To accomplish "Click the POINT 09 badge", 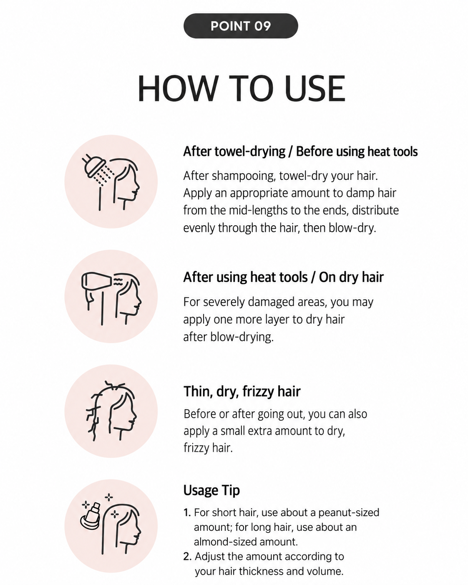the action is pyautogui.click(x=241, y=26).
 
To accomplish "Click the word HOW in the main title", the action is pyautogui.click(x=178, y=88).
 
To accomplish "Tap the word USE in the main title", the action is pyautogui.click(x=315, y=88).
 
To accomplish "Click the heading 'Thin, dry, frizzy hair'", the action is pyautogui.click(x=242, y=392).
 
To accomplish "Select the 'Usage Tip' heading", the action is pyautogui.click(x=211, y=490).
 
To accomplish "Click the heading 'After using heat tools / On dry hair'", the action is pyautogui.click(x=284, y=277).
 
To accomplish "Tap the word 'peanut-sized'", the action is pyautogui.click(x=349, y=513).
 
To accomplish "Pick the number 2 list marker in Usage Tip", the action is pyautogui.click(x=187, y=557).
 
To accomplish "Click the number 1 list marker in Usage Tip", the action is pyautogui.click(x=187, y=513).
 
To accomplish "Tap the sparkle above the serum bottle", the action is pyautogui.click(x=109, y=497).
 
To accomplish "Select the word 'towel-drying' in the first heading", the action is pyautogui.click(x=250, y=152).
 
